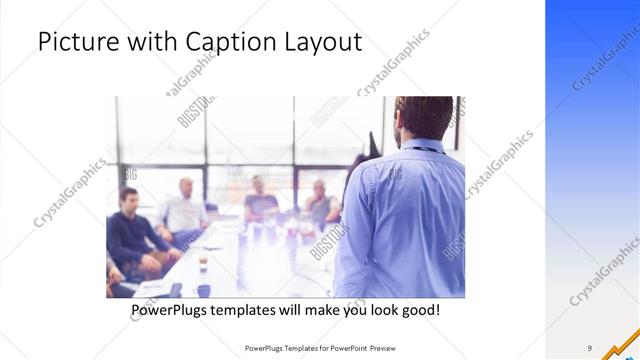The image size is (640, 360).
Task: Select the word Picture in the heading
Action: (74, 44)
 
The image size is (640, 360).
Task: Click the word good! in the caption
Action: (416, 311)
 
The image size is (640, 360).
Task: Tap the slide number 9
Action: (590, 348)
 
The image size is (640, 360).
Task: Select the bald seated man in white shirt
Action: (184, 210)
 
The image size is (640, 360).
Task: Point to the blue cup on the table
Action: (204, 291)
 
